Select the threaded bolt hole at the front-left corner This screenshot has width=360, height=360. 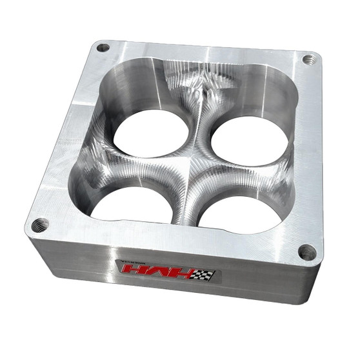41,225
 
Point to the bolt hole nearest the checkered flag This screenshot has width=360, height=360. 308,251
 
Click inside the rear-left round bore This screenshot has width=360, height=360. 151,133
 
